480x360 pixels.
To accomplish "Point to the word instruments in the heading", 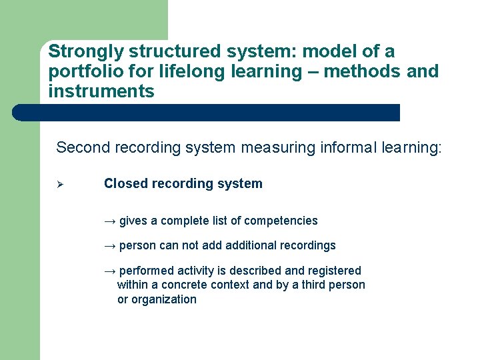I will [101, 91].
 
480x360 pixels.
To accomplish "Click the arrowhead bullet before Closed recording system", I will [58, 184].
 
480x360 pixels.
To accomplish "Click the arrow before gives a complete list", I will [110, 221].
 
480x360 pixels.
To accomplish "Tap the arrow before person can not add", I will [110, 245].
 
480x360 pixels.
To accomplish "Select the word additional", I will [253, 245].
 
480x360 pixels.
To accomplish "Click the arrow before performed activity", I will [110, 271].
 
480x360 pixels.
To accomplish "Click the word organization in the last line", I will [165, 299].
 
